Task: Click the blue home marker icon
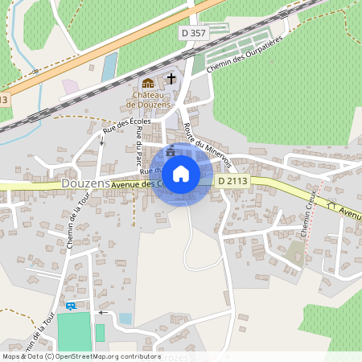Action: point(181,173)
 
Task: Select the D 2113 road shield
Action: point(232,181)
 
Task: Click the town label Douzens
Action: point(84,184)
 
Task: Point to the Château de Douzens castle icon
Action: point(147,83)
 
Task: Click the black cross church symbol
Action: point(171,79)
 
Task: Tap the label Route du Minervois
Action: point(207,140)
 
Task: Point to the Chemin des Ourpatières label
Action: point(245,58)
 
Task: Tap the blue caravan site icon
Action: point(71,306)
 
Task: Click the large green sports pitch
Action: point(74,332)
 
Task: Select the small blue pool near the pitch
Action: point(125,319)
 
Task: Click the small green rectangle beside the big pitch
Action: point(100,332)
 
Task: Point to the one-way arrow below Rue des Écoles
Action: point(101,142)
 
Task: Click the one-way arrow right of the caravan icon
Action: point(101,312)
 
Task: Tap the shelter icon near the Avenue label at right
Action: point(331,204)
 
